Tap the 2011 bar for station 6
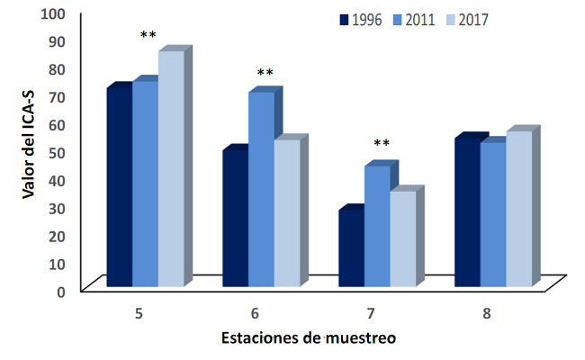click(260, 189)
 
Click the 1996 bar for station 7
click(351, 248)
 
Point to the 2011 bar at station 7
click(376, 227)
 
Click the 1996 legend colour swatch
click(343, 19)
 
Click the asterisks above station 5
click(148, 36)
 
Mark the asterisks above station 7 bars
click(382, 144)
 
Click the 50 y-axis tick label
click(58, 152)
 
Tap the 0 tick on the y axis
click(62, 291)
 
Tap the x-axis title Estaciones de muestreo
click(309, 338)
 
